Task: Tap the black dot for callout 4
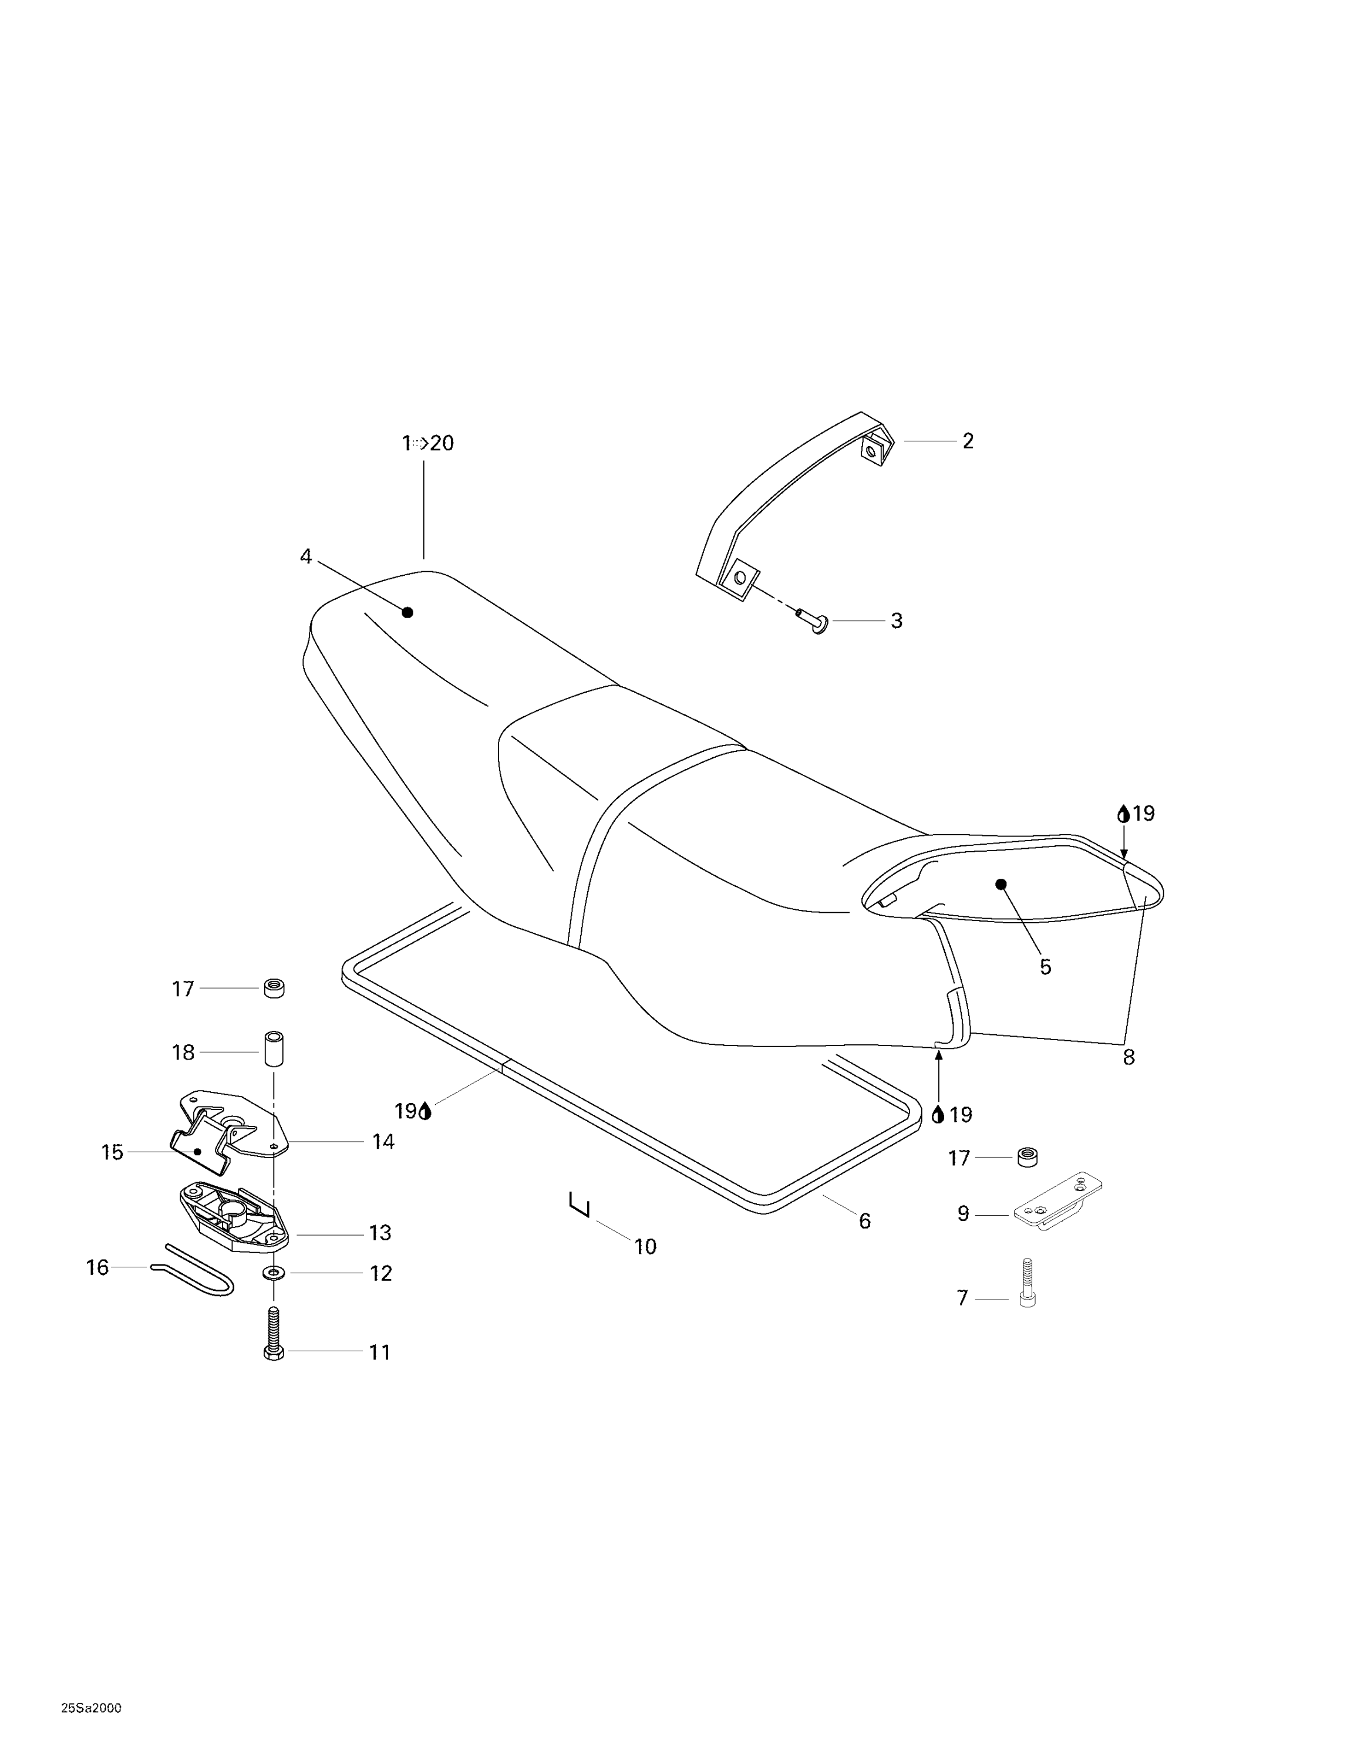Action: [407, 612]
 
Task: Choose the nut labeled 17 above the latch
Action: [274, 988]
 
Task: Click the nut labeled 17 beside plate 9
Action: [1027, 1156]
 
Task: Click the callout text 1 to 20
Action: [428, 443]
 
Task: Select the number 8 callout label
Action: [1128, 1057]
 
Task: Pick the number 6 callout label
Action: [864, 1221]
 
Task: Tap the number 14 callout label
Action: [383, 1141]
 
